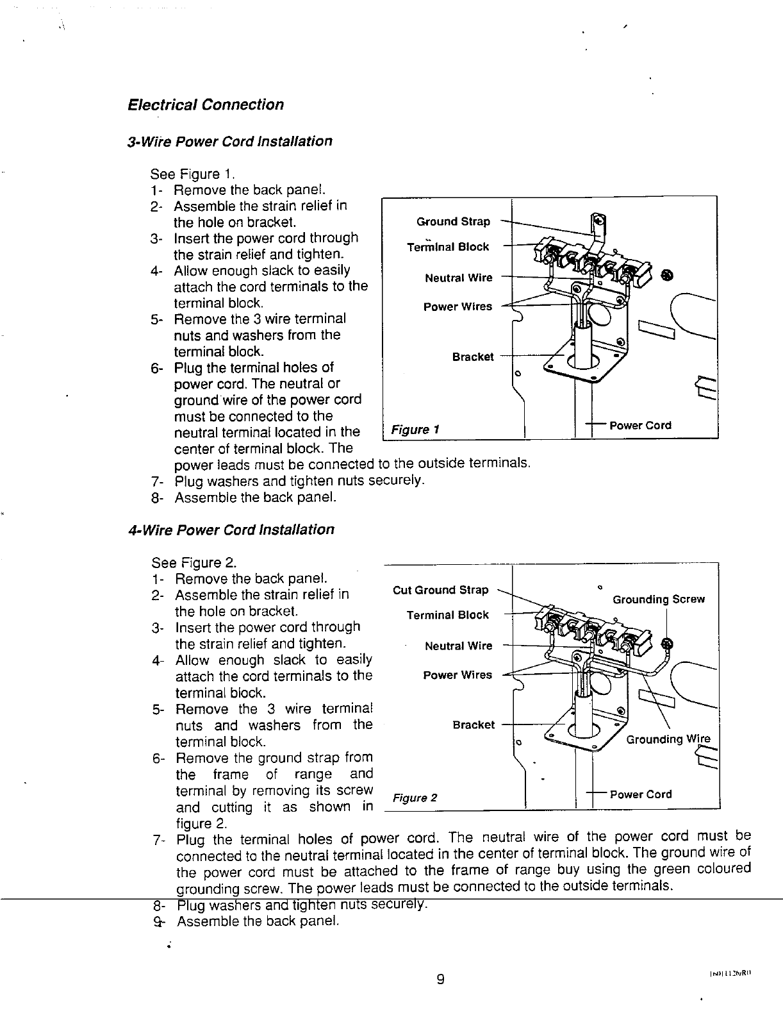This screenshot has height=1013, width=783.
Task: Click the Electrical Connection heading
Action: click(206, 105)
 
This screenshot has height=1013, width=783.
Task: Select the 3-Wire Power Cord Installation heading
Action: click(229, 141)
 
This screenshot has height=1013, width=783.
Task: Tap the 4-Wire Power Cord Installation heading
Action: click(231, 530)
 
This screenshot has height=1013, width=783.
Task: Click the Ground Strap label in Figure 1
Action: click(453, 222)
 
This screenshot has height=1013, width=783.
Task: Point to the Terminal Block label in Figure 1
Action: click(448, 247)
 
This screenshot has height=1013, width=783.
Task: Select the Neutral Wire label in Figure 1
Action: click(459, 278)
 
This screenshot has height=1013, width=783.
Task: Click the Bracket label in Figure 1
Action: click(473, 357)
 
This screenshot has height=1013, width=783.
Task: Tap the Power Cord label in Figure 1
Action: click(640, 425)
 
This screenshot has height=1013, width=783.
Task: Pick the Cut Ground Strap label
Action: click(440, 590)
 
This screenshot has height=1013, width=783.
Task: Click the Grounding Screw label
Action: click(658, 599)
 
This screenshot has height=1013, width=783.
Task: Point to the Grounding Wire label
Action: click(668, 739)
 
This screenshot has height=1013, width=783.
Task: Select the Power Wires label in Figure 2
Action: click(457, 675)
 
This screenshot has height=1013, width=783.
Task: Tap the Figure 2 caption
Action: click(415, 798)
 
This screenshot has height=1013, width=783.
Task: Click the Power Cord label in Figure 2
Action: click(641, 794)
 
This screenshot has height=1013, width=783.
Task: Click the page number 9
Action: click(440, 979)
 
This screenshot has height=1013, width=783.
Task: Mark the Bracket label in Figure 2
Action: click(474, 725)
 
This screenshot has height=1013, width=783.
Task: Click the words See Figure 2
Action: click(194, 564)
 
